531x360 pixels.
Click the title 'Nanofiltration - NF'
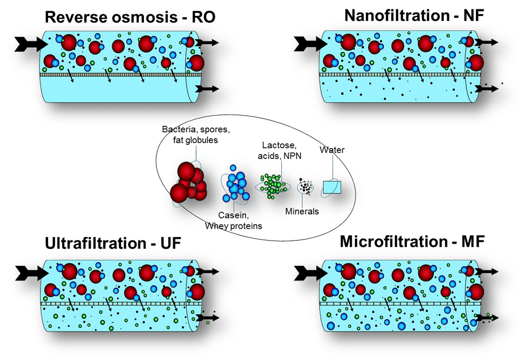pyautogui.click(x=414, y=15)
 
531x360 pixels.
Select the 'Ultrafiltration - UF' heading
pyautogui.click(x=113, y=244)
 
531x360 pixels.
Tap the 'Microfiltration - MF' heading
pyautogui.click(x=412, y=242)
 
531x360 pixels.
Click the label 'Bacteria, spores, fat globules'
pyautogui.click(x=196, y=134)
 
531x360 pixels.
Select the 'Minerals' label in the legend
pyautogui.click(x=302, y=211)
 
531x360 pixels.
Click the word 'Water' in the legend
pyautogui.click(x=332, y=150)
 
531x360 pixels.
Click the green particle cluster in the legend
pyautogui.click(x=273, y=186)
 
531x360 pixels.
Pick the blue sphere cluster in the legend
pyautogui.click(x=235, y=187)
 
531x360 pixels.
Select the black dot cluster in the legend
pyautogui.click(x=306, y=187)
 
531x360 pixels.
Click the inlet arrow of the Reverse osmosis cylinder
pyautogui.click(x=31, y=44)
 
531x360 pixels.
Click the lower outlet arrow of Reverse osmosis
pyautogui.click(x=206, y=88)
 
